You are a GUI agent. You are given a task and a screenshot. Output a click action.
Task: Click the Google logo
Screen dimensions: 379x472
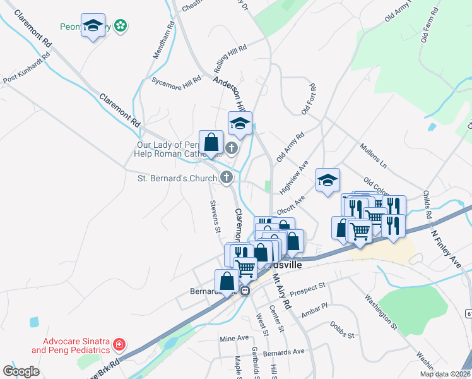coord(21,371)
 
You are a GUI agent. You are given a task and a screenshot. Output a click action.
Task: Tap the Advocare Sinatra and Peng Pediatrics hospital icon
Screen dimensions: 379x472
coord(119,345)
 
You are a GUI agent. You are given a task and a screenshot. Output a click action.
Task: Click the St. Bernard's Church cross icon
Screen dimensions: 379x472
coord(226,177)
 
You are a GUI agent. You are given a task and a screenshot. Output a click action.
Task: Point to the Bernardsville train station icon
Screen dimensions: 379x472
coord(245,291)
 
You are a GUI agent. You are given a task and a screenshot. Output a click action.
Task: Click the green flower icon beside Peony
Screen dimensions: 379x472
coord(121,26)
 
